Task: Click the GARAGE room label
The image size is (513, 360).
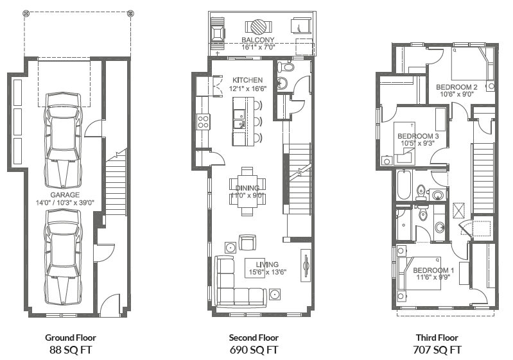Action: click(x=65, y=194)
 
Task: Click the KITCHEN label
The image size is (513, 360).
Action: click(x=247, y=80)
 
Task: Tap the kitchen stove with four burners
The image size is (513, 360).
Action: click(x=204, y=121)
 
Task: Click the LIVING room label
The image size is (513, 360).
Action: click(x=267, y=264)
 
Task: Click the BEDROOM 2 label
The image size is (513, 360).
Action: click(x=456, y=87)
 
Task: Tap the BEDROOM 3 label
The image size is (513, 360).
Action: click(x=418, y=136)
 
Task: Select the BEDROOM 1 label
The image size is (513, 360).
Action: click(x=433, y=270)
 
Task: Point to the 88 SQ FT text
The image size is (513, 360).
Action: click(x=71, y=350)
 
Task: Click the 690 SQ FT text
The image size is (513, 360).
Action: click(x=253, y=350)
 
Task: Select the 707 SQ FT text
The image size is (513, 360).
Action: click(x=437, y=350)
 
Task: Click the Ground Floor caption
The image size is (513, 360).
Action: click(x=71, y=338)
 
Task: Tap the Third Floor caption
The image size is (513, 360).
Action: click(x=437, y=338)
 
